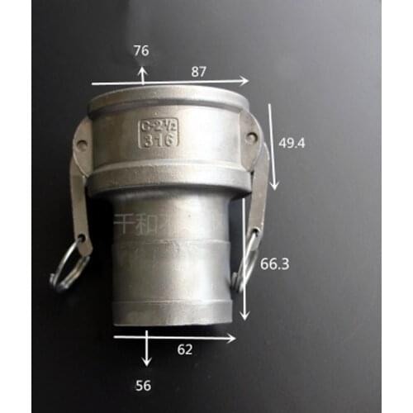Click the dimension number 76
click(141, 51)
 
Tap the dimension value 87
click(198, 73)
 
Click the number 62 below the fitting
click(185, 349)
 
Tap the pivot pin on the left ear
click(81, 145)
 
